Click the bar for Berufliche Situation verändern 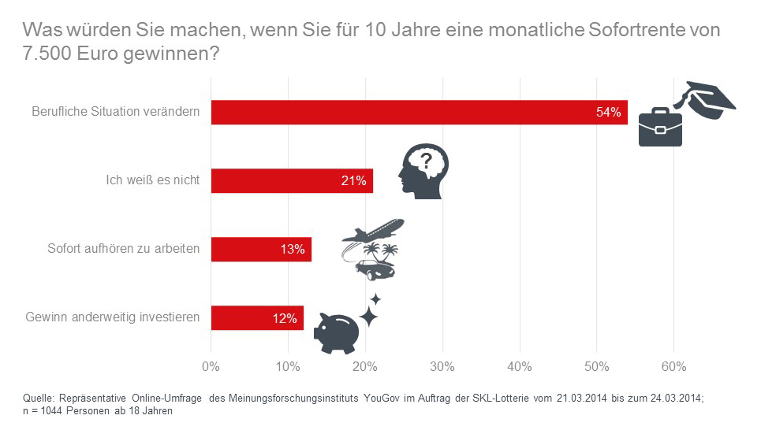click(418, 112)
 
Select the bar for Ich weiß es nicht click(292, 181)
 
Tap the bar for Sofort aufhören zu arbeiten click(261, 250)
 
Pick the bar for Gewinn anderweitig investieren click(257, 318)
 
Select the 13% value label click(292, 250)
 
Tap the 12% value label click(285, 318)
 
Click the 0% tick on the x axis click(211, 366)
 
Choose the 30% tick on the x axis click(442, 366)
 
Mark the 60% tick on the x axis click(673, 366)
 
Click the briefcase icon click(660, 127)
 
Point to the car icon click(375, 268)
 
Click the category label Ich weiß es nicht click(152, 181)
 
